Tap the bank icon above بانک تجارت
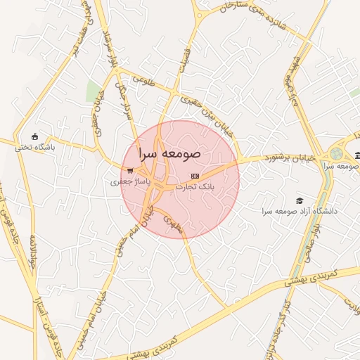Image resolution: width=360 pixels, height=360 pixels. coord(195,176)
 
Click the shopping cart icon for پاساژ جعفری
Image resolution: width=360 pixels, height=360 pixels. coord(130,170)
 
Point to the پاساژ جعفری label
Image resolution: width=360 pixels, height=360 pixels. coord(131,181)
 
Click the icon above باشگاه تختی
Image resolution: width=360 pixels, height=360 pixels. coord(35,136)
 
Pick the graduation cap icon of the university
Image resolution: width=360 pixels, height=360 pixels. coord(300,200)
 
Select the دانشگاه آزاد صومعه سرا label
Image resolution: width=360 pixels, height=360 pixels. coord(300,211)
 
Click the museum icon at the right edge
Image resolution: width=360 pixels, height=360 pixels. coord(357,155)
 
